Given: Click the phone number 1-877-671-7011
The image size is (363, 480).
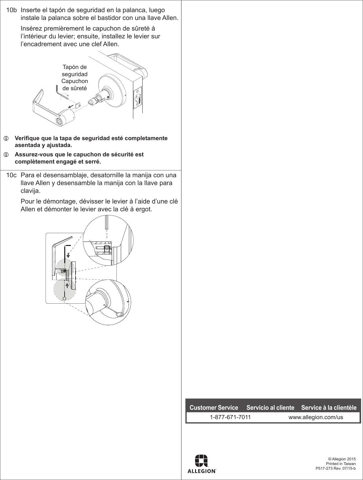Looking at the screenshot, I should [x=230, y=417].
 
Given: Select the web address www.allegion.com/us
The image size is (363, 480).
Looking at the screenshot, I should [x=316, y=417].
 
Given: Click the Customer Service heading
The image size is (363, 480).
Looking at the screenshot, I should [x=214, y=408].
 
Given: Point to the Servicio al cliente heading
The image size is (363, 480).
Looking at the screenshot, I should [x=270, y=408].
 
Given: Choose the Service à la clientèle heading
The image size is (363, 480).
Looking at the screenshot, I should [x=329, y=408].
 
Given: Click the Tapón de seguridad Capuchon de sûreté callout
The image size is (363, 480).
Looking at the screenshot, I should [x=75, y=78].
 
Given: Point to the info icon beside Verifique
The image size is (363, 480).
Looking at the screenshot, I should [x=5, y=138].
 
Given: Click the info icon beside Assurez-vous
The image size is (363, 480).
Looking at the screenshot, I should [x=5, y=154].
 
